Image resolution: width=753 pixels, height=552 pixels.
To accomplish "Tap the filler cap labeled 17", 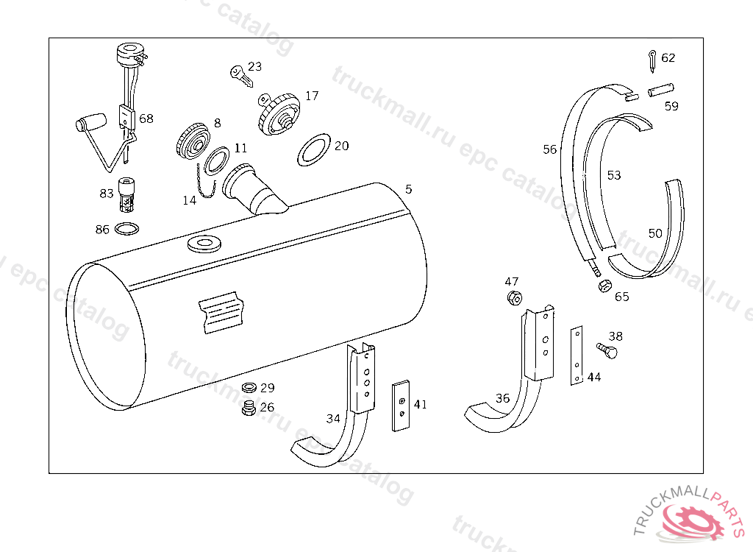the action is (280, 114).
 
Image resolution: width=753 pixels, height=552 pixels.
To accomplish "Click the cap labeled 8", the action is (194, 140).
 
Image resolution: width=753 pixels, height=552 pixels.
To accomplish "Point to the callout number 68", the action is (146, 118).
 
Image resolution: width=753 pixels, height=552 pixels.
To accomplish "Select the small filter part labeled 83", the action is (129, 194).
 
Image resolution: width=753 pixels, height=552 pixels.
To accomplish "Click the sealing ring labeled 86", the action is (127, 230).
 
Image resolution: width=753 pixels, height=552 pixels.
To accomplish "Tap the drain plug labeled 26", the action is (248, 407).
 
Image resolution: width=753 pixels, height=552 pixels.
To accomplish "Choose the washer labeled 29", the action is (249, 387).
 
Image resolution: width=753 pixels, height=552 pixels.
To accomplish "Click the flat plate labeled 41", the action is (401, 406).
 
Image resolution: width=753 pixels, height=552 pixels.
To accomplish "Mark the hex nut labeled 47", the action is (513, 298).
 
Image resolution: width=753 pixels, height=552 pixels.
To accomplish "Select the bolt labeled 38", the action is (607, 351).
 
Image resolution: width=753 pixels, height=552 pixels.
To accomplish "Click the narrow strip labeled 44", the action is (578, 356).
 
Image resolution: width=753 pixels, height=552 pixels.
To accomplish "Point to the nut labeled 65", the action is (604, 286).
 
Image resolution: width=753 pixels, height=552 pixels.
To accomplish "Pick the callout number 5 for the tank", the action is (409, 189).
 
